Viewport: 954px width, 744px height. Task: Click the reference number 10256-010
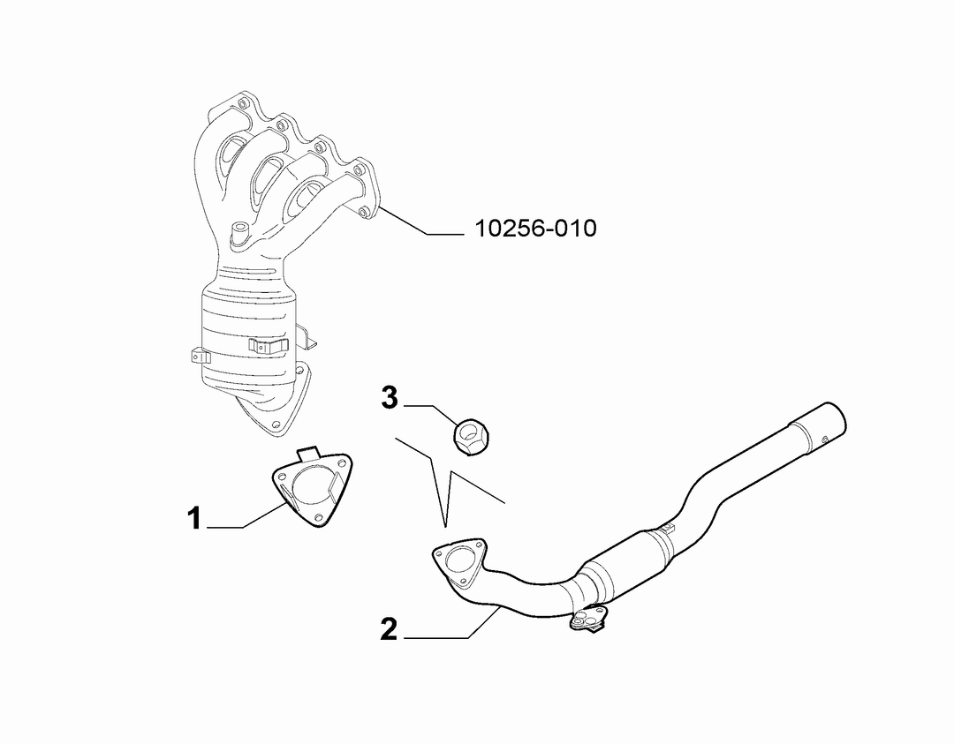[535, 229]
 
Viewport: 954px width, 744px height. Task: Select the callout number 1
[193, 519]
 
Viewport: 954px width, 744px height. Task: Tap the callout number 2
[389, 629]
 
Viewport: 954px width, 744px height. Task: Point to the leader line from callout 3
[431, 415]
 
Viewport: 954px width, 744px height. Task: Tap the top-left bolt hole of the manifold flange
[244, 102]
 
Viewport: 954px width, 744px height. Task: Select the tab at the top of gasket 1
[309, 452]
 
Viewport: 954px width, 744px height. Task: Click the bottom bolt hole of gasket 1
[317, 516]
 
